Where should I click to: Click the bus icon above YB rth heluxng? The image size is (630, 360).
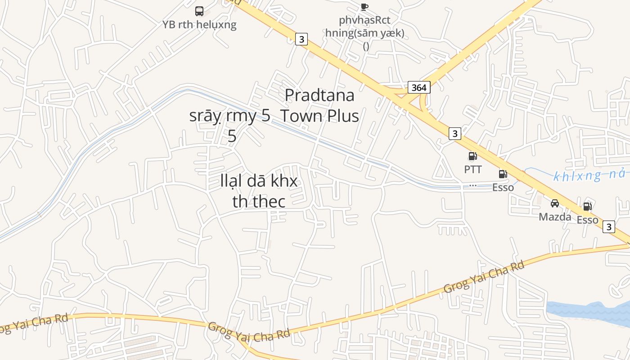pyautogui.click(x=199, y=11)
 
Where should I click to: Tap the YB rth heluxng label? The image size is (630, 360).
pyautogui.click(x=199, y=24)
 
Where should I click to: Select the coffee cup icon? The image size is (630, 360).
pyautogui.click(x=364, y=6)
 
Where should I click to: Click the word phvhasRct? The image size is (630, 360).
pyautogui.click(x=364, y=20)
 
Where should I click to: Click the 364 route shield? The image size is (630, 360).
pyautogui.click(x=419, y=87)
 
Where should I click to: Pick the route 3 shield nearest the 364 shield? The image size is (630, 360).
pyautogui.click(x=455, y=133)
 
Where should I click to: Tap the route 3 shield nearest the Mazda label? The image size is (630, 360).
pyautogui.click(x=608, y=227)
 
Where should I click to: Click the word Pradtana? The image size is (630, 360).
pyautogui.click(x=319, y=95)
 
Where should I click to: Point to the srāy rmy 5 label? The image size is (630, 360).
pyautogui.click(x=230, y=116)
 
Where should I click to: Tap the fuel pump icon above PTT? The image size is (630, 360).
pyautogui.click(x=472, y=157)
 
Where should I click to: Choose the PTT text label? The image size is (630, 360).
pyautogui.click(x=472, y=170)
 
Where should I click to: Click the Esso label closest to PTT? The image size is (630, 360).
pyautogui.click(x=503, y=188)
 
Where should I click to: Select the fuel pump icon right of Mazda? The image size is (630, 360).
pyautogui.click(x=587, y=207)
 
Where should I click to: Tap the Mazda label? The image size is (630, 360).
pyautogui.click(x=555, y=217)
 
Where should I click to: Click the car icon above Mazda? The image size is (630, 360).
pyautogui.click(x=555, y=203)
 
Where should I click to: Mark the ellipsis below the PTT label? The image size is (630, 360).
pyautogui.click(x=472, y=184)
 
